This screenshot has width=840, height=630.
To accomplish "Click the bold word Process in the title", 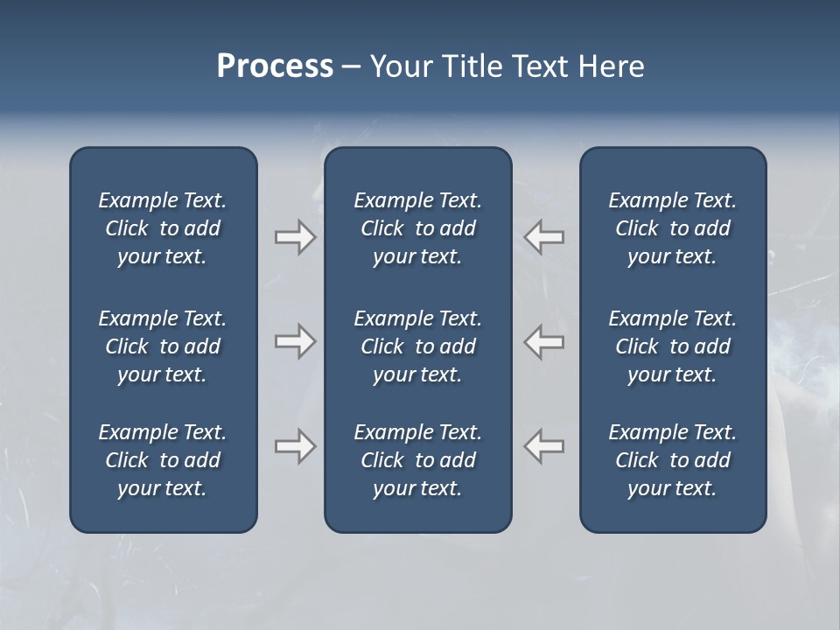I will [x=275, y=66].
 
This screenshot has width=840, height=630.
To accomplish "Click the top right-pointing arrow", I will [x=295, y=237].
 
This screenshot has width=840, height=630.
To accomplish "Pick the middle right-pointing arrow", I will [x=295, y=341].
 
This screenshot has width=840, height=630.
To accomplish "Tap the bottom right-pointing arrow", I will [x=295, y=446].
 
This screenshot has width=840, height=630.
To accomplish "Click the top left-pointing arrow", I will [x=544, y=237].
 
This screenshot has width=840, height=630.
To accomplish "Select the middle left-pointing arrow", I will [x=544, y=341].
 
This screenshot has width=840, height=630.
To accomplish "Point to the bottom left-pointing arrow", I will [x=544, y=446].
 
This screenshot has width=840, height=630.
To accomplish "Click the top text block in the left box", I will [x=163, y=228].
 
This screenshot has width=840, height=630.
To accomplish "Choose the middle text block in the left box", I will [x=163, y=346].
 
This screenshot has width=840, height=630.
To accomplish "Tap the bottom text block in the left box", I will [x=163, y=460].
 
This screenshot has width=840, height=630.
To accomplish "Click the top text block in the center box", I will [x=417, y=228].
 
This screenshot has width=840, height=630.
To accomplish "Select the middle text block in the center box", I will [x=417, y=346].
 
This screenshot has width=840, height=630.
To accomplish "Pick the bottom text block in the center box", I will [x=417, y=460].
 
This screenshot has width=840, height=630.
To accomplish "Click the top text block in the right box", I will [x=672, y=228].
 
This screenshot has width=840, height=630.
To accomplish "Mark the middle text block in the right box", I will [x=672, y=346].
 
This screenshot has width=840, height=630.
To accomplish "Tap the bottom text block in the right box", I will [x=672, y=460].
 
